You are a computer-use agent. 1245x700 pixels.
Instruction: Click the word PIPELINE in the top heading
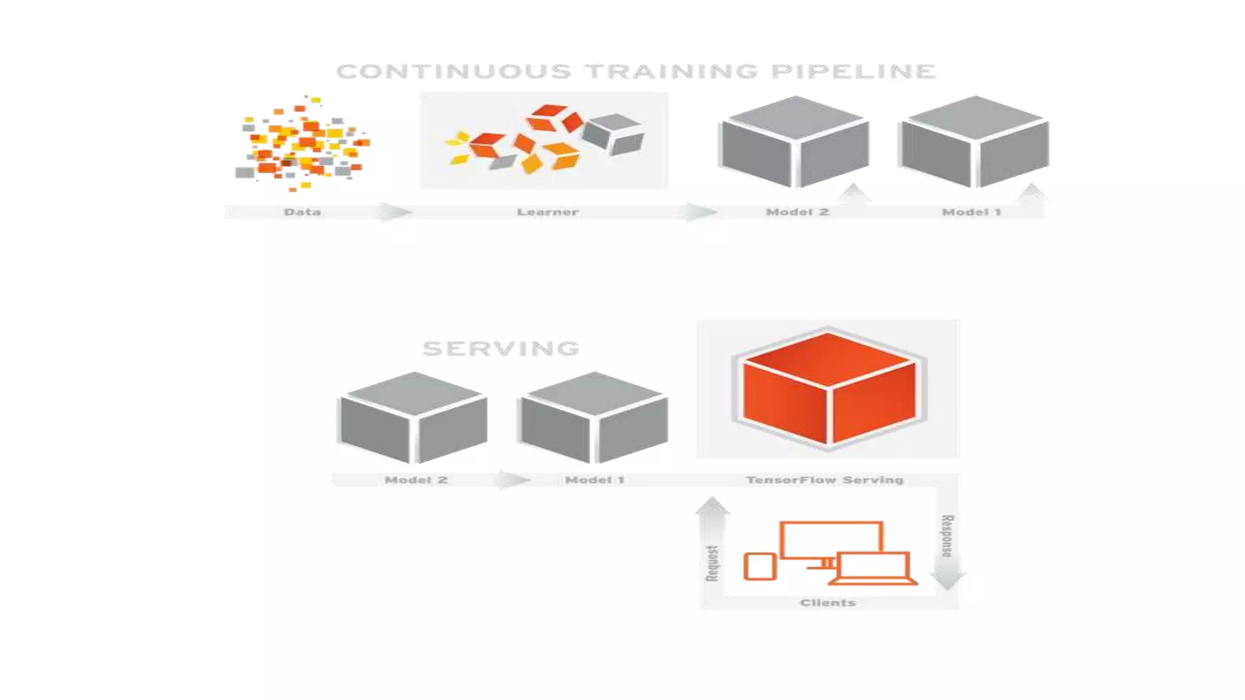854,72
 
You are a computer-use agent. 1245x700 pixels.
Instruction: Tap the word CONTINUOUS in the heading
454,72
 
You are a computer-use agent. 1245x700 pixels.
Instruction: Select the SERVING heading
501,349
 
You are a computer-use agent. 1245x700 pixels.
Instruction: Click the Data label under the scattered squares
302,212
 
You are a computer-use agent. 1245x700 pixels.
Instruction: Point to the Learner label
547,212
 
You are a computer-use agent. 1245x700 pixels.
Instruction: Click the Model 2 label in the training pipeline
797,212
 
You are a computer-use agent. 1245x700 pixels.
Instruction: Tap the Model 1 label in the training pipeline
971,212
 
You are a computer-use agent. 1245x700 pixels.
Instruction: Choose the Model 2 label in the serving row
416,480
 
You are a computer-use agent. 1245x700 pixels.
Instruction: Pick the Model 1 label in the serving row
595,480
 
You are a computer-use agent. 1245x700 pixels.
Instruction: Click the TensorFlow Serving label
825,480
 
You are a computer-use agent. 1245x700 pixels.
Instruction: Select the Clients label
828,603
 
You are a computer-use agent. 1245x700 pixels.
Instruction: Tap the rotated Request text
712,563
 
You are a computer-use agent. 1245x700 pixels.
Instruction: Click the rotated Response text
947,536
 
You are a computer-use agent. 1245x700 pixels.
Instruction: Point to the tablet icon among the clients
760,566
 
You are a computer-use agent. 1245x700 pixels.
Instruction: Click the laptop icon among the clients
874,569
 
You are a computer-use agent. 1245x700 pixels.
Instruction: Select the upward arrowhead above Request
712,506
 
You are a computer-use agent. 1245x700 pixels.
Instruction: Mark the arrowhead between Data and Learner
395,212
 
